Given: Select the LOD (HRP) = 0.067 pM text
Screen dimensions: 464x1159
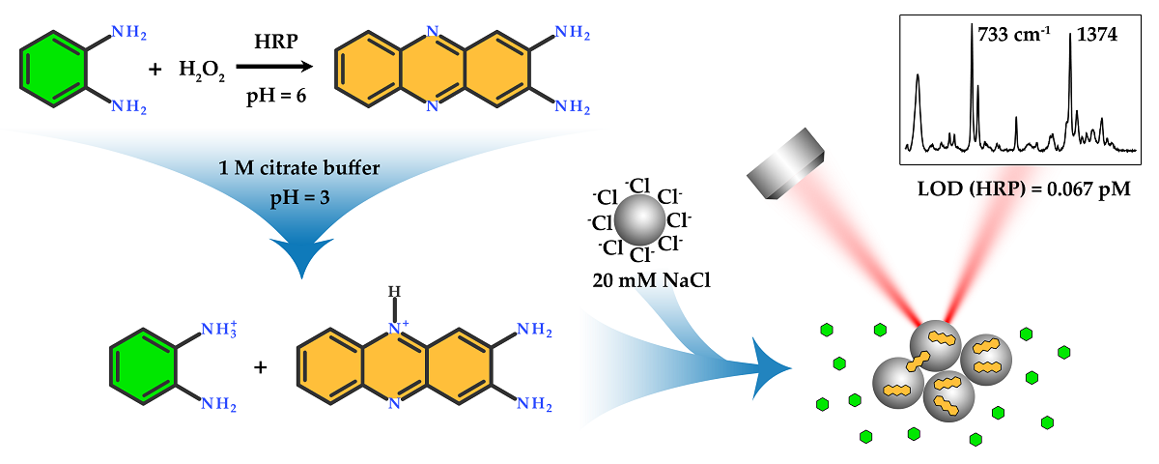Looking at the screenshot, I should click(x=1024, y=188).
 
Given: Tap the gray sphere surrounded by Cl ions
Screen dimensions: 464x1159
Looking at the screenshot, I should click(x=638, y=220).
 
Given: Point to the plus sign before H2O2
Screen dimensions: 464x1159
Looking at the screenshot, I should click(x=155, y=70).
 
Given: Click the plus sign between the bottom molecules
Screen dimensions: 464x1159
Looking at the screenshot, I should click(x=259, y=368).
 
